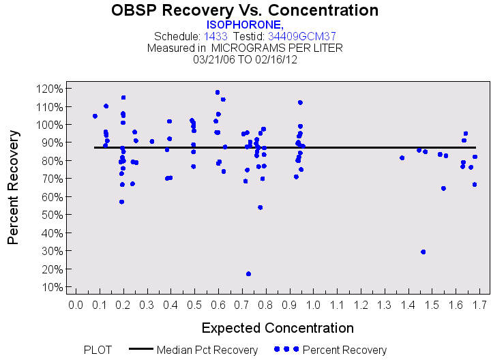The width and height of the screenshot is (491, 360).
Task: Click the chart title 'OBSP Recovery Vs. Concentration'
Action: pos(245,10)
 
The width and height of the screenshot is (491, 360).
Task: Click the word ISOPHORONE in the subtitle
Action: pos(244,25)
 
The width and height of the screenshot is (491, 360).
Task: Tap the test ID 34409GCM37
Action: pos(301,36)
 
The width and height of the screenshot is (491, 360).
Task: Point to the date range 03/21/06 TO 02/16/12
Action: pos(245,59)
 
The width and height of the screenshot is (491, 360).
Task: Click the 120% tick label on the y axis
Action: pos(51,89)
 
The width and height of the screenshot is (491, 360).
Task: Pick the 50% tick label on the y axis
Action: pos(53,215)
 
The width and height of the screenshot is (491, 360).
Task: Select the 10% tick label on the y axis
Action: pos(53,286)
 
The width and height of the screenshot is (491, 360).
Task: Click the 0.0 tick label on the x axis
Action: pos(76,305)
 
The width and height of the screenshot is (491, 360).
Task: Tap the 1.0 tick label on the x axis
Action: pos(313,305)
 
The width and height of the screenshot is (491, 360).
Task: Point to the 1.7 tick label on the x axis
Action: pos(479,305)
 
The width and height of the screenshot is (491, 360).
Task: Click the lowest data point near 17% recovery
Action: pos(248,273)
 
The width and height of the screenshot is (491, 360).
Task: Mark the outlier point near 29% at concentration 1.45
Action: pos(423,252)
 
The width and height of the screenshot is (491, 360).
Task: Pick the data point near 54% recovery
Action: pos(260,207)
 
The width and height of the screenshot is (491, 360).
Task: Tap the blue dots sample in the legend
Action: pos(286,349)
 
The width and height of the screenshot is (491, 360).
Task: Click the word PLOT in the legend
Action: pos(98,350)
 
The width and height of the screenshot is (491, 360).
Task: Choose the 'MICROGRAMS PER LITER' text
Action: pos(277,48)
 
